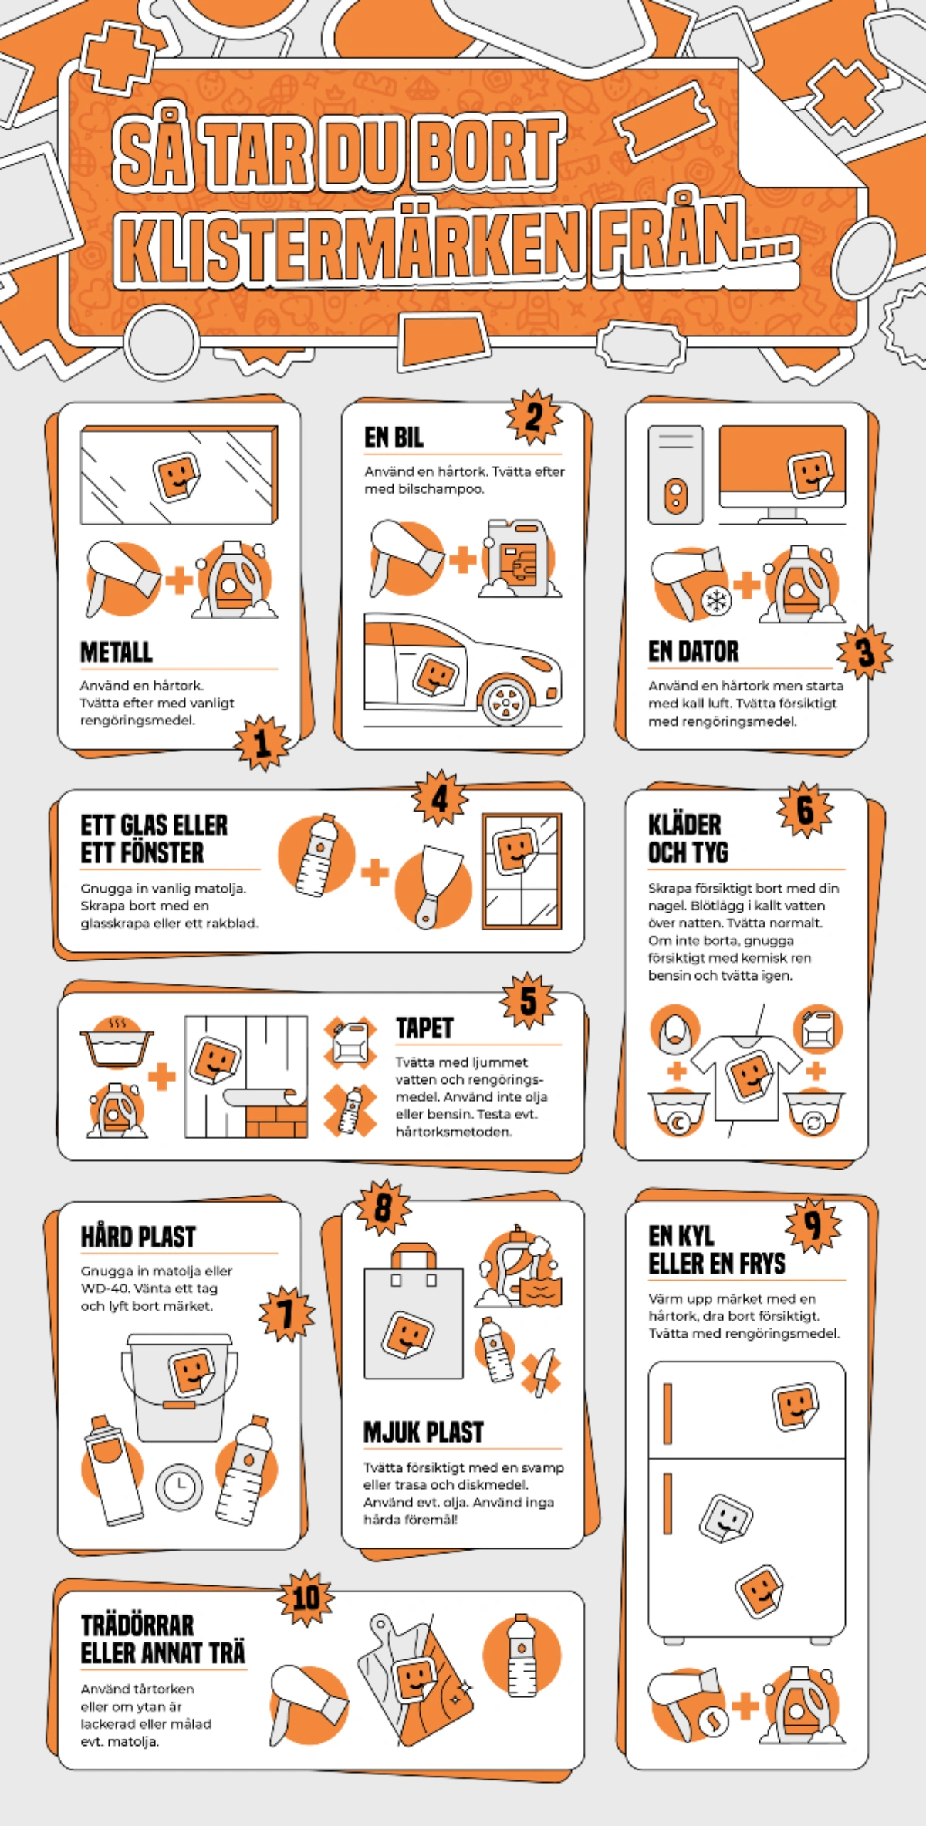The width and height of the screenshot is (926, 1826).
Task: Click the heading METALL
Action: click(x=117, y=652)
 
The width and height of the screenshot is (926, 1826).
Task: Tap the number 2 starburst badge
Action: click(x=534, y=417)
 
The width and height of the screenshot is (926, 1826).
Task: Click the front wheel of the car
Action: click(x=505, y=701)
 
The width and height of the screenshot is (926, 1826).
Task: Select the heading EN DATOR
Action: click(x=693, y=652)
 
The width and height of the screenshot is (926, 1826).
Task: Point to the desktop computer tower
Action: click(x=675, y=474)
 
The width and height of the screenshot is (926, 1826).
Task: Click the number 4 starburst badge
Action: click(x=440, y=798)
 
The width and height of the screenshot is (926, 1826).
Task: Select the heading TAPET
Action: click(x=424, y=1028)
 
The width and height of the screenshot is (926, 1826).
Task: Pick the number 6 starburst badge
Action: click(x=806, y=810)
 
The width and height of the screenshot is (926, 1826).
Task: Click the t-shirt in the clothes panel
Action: click(x=746, y=1076)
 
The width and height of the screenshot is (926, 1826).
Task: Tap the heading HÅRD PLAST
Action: click(x=138, y=1237)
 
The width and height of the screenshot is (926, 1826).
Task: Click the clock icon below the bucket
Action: click(x=179, y=1486)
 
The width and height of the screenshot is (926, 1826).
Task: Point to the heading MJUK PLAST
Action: click(x=424, y=1433)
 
